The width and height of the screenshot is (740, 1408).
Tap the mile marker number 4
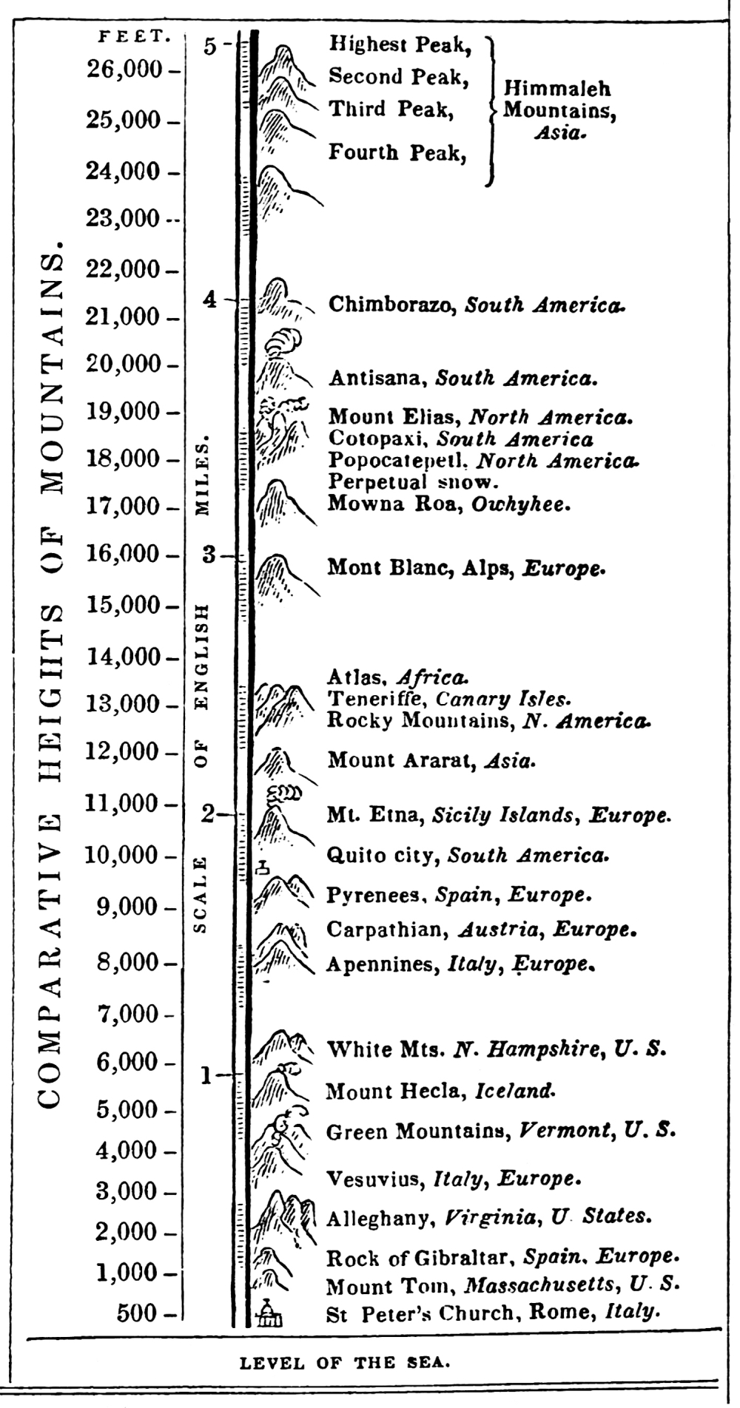(211, 299)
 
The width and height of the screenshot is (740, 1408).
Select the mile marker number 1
(207, 1076)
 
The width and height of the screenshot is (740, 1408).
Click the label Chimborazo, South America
(476, 305)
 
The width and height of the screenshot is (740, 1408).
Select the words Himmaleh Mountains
(558, 101)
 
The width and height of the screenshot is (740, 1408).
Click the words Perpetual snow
(411, 483)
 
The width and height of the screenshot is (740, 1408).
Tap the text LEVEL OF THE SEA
(344, 1363)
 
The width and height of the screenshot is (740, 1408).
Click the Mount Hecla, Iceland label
(440, 1090)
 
